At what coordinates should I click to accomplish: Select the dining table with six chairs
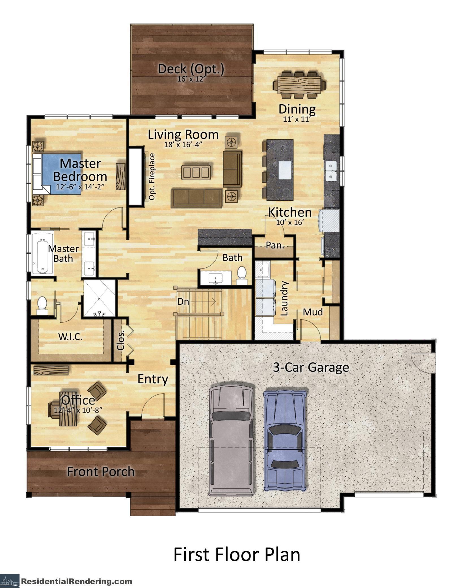tap(299, 85)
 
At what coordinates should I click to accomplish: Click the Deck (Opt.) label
tap(191, 69)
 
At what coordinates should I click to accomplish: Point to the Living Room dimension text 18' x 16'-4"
tap(184, 145)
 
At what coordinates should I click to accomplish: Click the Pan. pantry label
tap(275, 245)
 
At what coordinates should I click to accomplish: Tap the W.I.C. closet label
tap(70, 337)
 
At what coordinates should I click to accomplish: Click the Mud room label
tap(313, 312)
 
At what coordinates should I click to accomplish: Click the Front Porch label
tap(101, 472)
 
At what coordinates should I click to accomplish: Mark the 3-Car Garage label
tap(311, 367)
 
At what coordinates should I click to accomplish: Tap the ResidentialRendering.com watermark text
tap(77, 580)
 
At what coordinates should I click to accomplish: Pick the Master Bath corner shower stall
tap(99, 298)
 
